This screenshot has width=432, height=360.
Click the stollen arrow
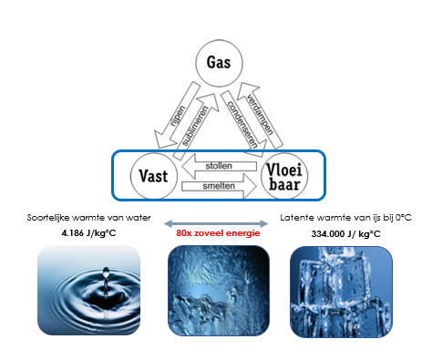point(219,167)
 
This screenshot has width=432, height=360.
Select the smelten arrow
point(220,186)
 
